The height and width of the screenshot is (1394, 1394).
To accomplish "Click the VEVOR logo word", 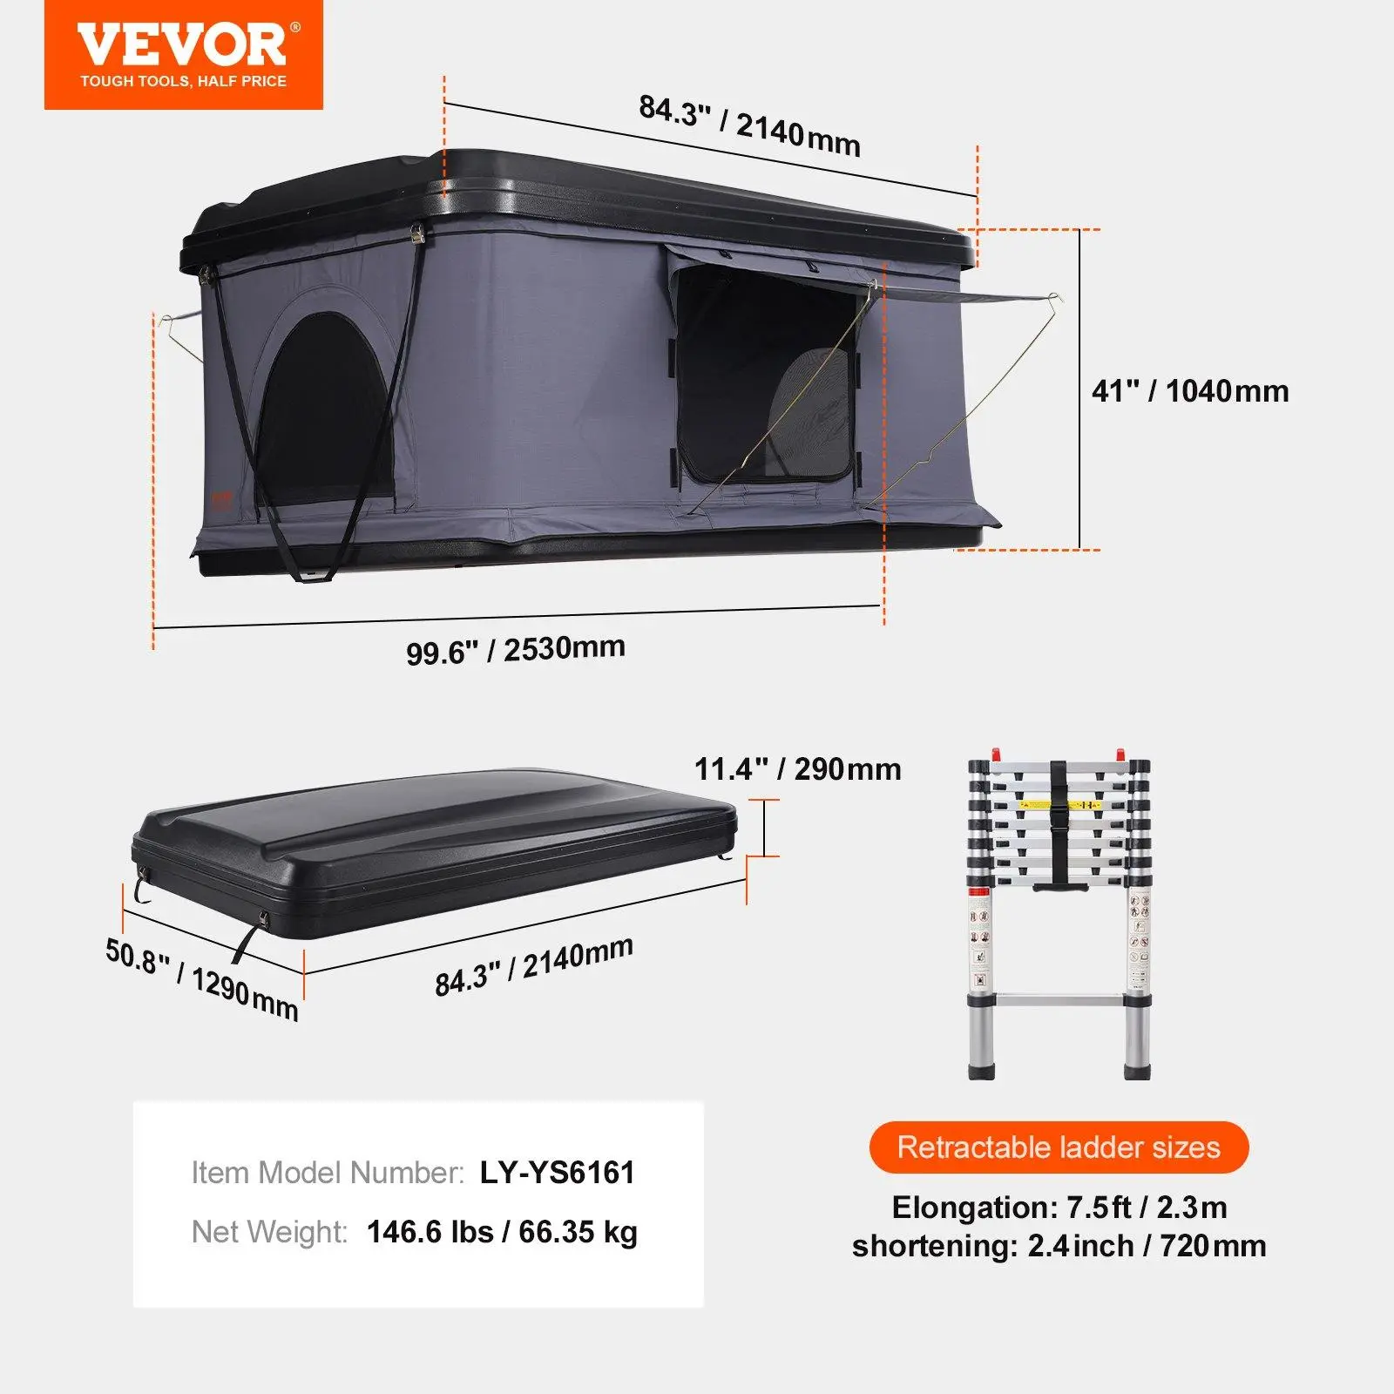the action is click(x=182, y=44).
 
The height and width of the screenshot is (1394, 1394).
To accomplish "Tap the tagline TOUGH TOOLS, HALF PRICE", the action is click(x=184, y=81).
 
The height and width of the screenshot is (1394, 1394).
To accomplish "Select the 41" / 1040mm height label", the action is click(x=1190, y=391).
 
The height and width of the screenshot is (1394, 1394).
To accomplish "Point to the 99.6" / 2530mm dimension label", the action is click(x=516, y=650).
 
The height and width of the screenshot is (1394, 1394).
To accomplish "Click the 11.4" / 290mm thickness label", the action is click(x=797, y=769).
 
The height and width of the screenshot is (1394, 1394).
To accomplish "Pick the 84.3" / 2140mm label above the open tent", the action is click(x=749, y=125).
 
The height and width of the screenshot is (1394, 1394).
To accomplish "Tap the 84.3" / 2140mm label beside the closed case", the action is click(x=534, y=966).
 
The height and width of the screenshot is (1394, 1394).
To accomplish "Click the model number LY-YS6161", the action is click(x=557, y=1173).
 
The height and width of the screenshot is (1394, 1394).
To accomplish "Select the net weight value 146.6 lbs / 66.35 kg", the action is click(x=502, y=1232).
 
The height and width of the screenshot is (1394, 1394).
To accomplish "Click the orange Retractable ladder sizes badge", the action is click(x=1059, y=1147).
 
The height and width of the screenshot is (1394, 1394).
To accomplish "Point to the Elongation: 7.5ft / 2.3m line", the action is click(x=1059, y=1208).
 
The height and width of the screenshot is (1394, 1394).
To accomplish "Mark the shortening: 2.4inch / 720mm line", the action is click(x=1059, y=1246).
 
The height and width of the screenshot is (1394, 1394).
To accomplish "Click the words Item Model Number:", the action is click(x=328, y=1173).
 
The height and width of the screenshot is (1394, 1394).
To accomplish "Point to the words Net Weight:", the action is click(x=269, y=1232).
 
